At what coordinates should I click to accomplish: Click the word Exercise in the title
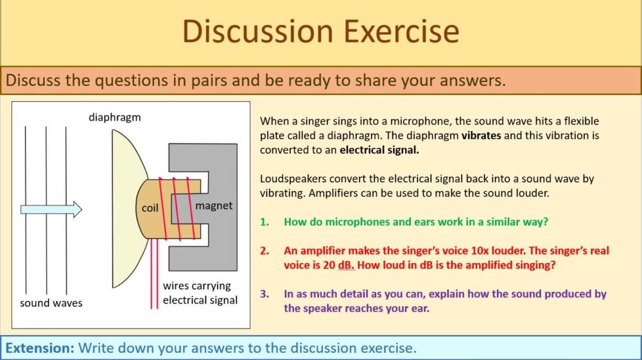[394, 31]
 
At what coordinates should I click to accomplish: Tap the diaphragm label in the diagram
[115, 117]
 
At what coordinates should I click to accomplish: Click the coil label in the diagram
[150, 209]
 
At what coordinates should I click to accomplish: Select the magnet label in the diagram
[214, 206]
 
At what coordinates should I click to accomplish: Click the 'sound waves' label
[51, 302]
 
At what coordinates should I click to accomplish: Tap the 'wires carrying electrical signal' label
[200, 293]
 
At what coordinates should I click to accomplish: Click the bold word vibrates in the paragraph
[481, 136]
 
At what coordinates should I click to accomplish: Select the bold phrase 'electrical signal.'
[379, 150]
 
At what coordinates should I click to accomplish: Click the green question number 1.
[264, 222]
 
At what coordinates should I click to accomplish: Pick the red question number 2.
[264, 251]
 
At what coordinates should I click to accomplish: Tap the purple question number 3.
[264, 294]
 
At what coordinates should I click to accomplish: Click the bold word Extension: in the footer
[40, 348]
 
